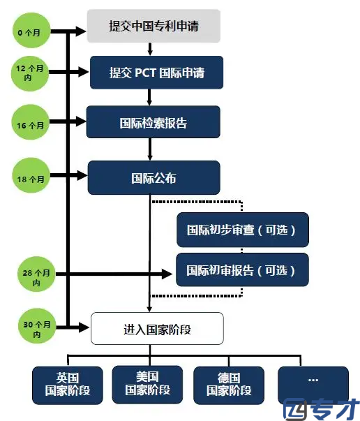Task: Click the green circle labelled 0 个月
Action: (31, 30)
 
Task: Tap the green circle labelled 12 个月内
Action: (30, 73)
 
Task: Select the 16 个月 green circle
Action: (30, 122)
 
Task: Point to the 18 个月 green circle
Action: (31, 175)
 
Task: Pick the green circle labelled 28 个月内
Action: (36, 274)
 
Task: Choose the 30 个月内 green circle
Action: (37, 326)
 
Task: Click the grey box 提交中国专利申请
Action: (153, 26)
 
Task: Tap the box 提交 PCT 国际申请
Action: (157, 73)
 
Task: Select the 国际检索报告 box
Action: (153, 122)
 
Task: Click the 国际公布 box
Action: (154, 178)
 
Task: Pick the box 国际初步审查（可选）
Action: (243, 230)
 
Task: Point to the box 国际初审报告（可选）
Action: (242, 269)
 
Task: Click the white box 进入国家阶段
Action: (157, 328)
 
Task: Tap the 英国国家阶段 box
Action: (68, 385)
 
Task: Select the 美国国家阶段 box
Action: (147, 385)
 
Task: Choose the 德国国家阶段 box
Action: (229, 385)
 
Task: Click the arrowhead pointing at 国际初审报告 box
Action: (167, 274)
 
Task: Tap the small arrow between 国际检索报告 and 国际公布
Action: (150, 149)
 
